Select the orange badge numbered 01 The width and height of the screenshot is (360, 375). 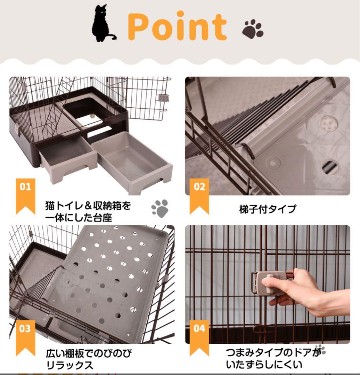point(25,194)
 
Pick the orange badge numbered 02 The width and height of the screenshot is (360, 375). point(199,194)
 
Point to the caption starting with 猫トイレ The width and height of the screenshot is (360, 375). point(88,211)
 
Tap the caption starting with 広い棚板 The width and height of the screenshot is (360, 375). point(89,359)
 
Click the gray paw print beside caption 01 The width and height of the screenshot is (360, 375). point(159,208)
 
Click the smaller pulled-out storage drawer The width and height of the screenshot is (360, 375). point(68,158)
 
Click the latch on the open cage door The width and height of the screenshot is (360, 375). point(162,98)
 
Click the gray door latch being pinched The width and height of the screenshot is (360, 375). point(269,283)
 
